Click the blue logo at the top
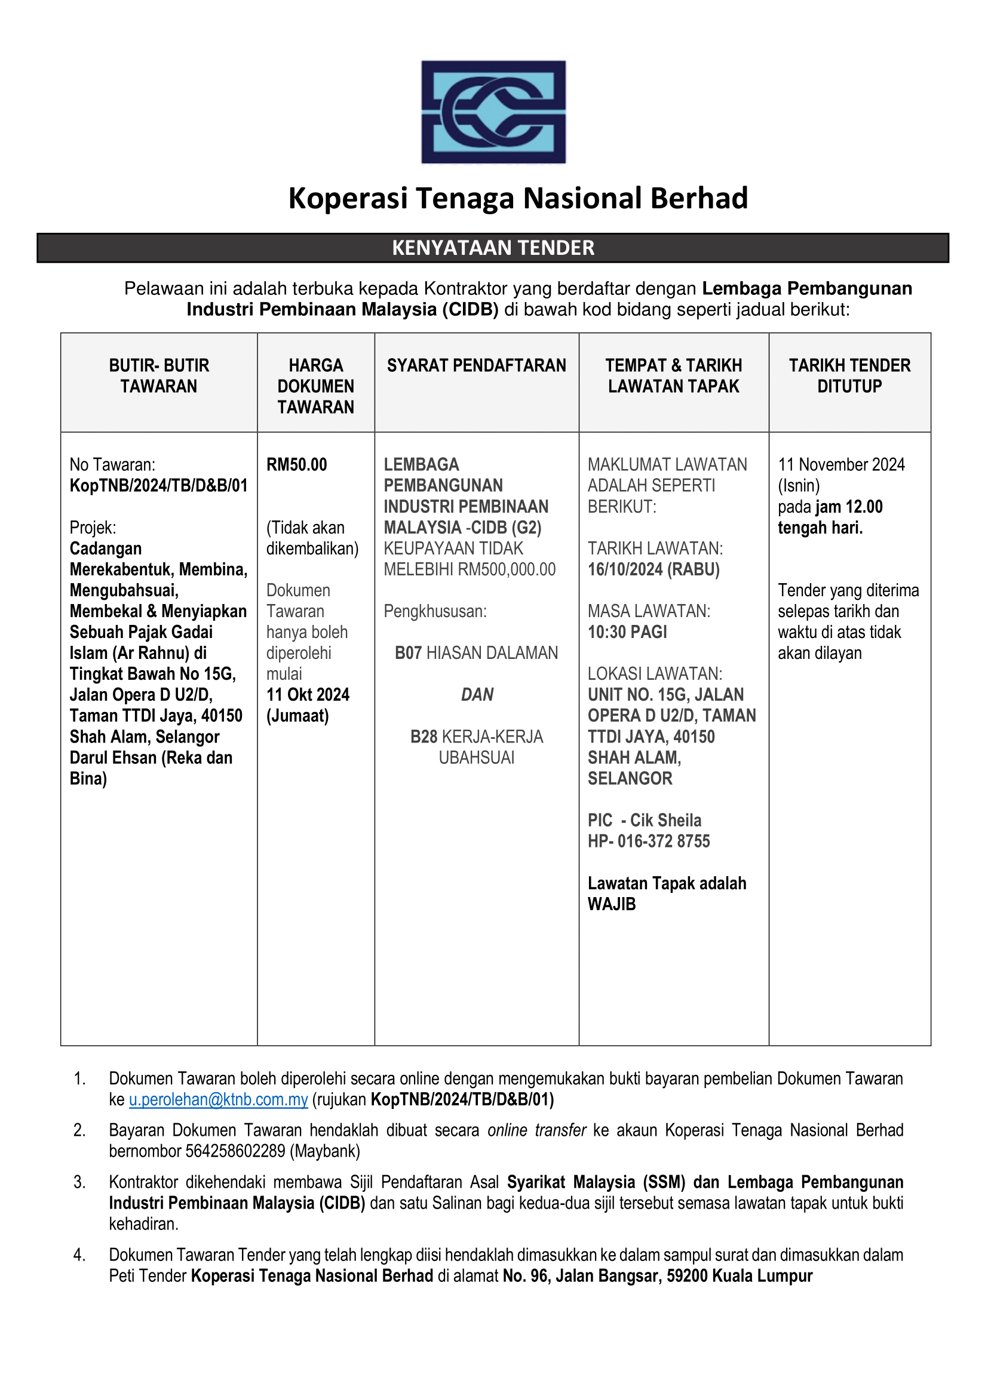(x=493, y=112)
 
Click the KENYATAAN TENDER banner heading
(x=493, y=248)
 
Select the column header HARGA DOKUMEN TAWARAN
(x=316, y=386)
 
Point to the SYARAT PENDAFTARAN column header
(x=476, y=365)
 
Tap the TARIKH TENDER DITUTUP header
(x=849, y=376)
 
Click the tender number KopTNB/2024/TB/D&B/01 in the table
(x=159, y=486)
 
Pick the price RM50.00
(x=297, y=465)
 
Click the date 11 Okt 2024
(x=308, y=695)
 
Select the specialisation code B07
(x=408, y=653)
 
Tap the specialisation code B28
(x=424, y=737)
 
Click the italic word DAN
(x=477, y=695)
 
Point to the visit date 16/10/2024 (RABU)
(x=653, y=570)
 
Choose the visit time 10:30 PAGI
(x=627, y=632)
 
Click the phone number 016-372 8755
(x=664, y=842)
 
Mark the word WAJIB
(x=612, y=904)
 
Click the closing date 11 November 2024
(x=841, y=465)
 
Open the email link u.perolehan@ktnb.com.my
(x=219, y=1100)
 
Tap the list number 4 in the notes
(x=79, y=1255)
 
